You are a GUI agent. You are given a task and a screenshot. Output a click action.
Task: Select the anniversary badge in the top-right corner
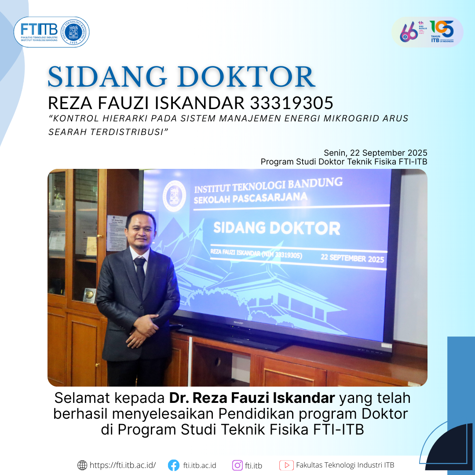tap(427, 32)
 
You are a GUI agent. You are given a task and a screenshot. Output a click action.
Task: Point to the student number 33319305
tap(292, 103)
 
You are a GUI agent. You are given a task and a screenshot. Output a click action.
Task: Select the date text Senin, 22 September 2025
tap(375, 153)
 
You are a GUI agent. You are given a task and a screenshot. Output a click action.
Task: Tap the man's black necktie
tap(140, 272)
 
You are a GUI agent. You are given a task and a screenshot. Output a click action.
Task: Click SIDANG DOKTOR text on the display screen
tap(277, 228)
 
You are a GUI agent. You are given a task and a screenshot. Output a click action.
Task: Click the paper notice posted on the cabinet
tap(116, 233)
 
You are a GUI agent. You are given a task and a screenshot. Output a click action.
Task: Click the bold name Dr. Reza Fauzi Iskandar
tap(252, 398)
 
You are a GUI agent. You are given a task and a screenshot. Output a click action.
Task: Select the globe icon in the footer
tap(82, 465)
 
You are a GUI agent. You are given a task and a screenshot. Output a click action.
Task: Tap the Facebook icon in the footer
tap(174, 465)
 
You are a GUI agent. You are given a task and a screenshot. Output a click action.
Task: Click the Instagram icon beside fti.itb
tap(237, 465)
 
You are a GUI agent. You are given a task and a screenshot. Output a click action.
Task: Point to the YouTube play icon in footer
tap(286, 465)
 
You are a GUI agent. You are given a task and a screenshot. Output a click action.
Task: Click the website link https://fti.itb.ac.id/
tap(123, 465)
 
